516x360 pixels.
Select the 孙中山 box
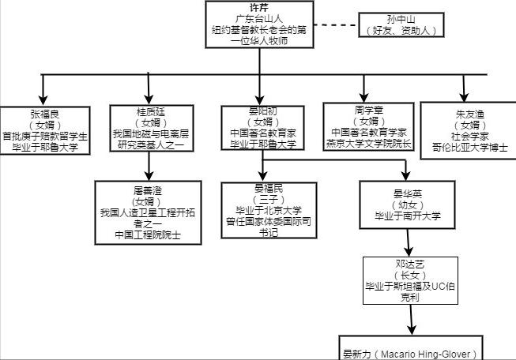click(x=400, y=25)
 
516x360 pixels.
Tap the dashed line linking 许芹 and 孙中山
click(x=337, y=25)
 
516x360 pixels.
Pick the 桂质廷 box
click(x=149, y=127)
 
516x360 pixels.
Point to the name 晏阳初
click(x=261, y=111)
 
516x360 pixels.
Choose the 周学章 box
click(x=368, y=126)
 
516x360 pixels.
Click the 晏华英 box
click(x=407, y=204)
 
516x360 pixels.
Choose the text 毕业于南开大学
click(x=407, y=216)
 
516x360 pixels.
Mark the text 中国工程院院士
click(x=149, y=234)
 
